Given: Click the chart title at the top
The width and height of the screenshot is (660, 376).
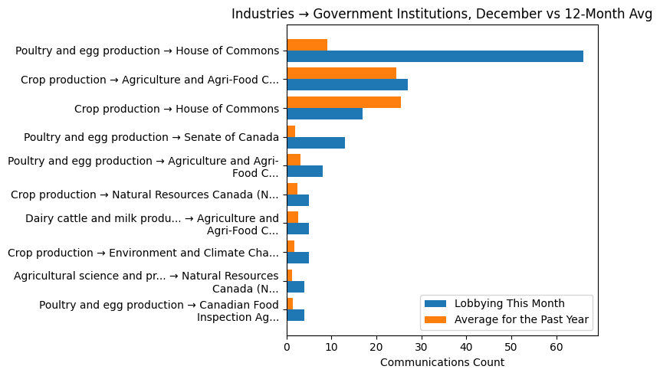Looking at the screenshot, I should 442,14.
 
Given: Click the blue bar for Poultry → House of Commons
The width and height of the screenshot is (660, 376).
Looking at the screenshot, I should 435,56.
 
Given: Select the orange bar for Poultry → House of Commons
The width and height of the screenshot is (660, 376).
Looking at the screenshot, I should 307,44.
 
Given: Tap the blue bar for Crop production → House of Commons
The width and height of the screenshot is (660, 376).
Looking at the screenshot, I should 324,113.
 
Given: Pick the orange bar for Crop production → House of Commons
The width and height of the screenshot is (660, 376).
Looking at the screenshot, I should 343,102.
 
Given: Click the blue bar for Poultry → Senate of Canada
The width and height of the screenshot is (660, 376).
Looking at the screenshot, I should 316,142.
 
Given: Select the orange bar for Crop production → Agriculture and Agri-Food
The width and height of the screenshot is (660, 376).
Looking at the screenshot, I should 341,74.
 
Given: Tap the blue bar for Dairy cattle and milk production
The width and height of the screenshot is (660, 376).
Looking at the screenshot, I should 297,229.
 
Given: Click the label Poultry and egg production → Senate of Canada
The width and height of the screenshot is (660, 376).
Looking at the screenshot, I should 151,137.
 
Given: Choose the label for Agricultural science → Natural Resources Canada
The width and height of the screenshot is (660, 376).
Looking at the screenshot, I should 146,282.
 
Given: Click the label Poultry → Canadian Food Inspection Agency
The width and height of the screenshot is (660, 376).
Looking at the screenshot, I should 159,311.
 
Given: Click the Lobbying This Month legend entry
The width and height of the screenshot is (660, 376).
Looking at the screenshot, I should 509,302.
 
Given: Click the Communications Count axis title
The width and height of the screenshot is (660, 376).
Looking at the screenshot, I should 442,361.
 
